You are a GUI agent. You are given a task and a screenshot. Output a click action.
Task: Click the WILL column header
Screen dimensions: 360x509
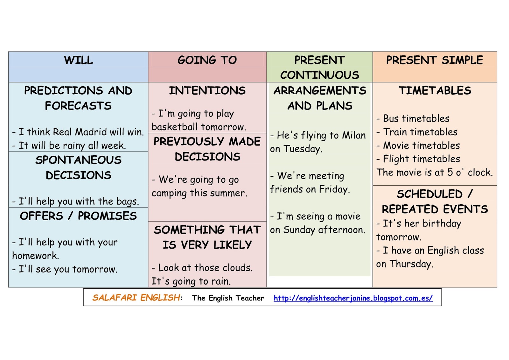point(78,60)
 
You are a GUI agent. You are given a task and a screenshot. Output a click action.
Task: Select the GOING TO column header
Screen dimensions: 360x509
point(207,60)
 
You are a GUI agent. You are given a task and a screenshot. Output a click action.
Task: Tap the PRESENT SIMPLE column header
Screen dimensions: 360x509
point(435,60)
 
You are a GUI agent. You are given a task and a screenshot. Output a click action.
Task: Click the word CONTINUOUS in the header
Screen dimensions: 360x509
point(319,75)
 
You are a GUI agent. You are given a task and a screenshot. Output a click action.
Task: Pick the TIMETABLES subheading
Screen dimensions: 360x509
point(435,91)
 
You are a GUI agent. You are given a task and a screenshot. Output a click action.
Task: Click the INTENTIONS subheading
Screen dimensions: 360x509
point(207,91)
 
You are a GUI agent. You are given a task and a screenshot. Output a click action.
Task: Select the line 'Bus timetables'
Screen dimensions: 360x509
point(416,119)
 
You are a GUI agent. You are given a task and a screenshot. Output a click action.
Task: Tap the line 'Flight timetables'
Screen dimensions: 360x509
point(421,159)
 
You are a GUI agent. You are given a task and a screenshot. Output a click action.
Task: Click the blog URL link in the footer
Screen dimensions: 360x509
point(353,298)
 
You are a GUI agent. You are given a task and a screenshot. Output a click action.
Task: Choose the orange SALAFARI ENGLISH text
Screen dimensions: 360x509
point(136,298)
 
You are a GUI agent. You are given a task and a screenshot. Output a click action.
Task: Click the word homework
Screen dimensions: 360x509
point(35,256)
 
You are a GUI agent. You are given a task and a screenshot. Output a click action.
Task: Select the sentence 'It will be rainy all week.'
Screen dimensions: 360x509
point(72,146)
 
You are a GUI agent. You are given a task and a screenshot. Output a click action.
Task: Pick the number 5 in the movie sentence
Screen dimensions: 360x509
point(450,173)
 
